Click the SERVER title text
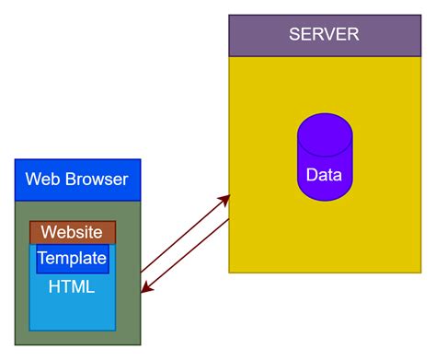324,35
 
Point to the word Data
325,175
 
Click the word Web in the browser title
41,179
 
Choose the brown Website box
73,232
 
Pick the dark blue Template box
73,258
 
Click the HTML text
73,287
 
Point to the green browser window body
129,313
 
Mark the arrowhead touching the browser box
144,290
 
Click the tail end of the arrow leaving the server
228,221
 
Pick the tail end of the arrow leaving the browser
142,272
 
